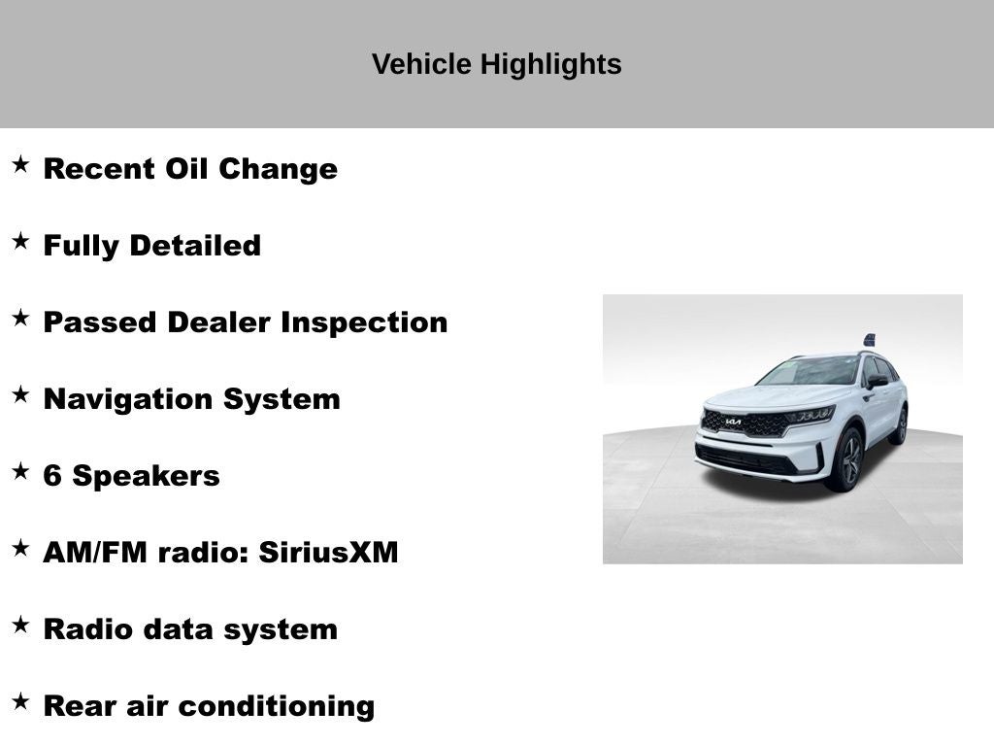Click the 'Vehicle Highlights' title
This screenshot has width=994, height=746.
point(496,64)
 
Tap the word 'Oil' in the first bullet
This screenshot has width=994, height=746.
point(187,169)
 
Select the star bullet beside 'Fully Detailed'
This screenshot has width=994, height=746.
point(20,242)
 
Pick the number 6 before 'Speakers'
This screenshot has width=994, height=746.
point(52,476)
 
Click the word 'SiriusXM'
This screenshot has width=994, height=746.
point(328,553)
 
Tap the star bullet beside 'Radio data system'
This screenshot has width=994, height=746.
point(20,626)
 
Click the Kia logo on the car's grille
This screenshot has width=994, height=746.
point(733,422)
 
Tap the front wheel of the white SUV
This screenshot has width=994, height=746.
point(846,459)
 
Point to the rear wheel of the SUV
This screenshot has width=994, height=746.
point(899,425)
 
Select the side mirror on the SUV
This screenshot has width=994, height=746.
point(877,381)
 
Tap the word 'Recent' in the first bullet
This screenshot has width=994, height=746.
point(99,169)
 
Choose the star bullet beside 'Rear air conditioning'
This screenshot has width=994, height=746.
point(20,702)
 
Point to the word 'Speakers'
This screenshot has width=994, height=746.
point(146,476)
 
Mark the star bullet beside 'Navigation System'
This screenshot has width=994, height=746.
point(20,395)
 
